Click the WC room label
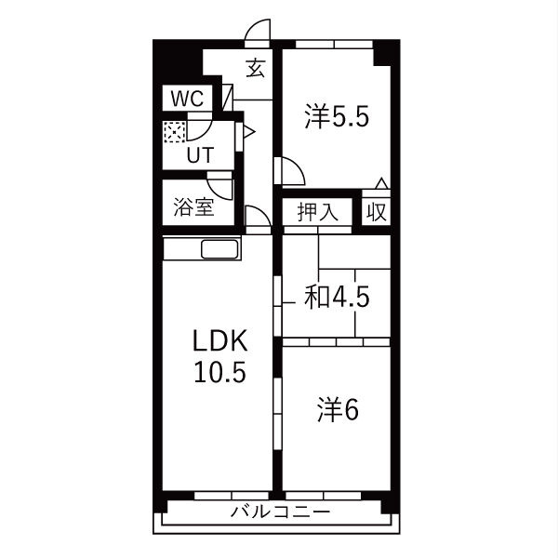click(x=187, y=99)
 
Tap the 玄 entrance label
click(x=256, y=68)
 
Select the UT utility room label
click(x=201, y=154)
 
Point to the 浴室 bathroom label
click(x=194, y=206)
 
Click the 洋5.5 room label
click(x=337, y=116)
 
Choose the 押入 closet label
click(x=317, y=212)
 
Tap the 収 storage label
click(x=377, y=212)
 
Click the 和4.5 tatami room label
click(x=337, y=297)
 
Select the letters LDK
click(x=219, y=341)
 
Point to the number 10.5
click(x=219, y=371)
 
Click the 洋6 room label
click(x=338, y=409)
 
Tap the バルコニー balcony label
click(x=281, y=512)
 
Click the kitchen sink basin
click(x=219, y=249)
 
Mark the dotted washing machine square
click(x=175, y=132)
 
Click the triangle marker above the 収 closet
click(x=382, y=183)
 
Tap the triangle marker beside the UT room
click(x=249, y=132)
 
